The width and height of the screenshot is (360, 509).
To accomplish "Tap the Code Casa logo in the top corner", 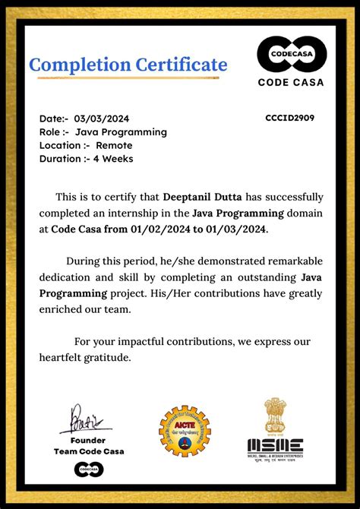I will (x=292, y=55).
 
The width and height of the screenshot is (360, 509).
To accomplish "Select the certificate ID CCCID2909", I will (x=290, y=118).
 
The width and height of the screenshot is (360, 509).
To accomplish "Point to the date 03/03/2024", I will (x=102, y=119).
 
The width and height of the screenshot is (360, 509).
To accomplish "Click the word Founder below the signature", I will (x=88, y=440).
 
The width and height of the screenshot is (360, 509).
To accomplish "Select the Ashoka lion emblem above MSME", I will (x=275, y=416).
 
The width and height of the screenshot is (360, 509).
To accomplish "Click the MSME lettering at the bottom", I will (x=275, y=446).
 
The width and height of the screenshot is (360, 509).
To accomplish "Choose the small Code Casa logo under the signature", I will (x=88, y=469).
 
